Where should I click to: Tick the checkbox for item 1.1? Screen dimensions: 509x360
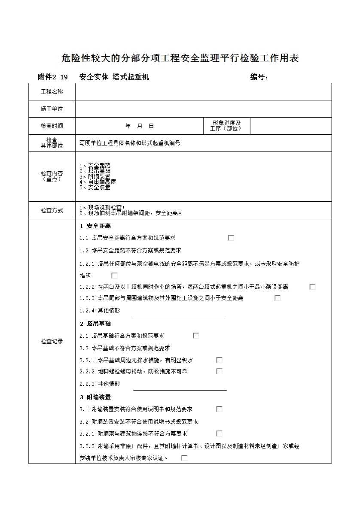point(231,238)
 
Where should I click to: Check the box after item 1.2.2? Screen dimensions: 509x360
point(312,287)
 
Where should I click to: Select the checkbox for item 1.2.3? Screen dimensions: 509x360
point(278,298)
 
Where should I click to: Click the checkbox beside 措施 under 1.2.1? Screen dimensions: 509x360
point(114,276)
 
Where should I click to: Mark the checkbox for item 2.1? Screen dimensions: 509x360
point(196,336)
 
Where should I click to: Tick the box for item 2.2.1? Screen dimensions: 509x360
point(219,360)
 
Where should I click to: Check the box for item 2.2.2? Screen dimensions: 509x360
point(219,371)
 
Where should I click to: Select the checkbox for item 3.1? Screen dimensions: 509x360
point(219,409)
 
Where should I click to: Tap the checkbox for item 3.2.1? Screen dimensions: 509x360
point(219,433)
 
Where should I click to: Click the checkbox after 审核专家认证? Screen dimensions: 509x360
point(184,458)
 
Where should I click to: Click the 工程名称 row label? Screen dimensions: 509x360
point(52,91)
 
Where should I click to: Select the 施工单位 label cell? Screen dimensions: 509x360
point(52,109)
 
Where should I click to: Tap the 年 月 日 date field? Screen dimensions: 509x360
point(139,126)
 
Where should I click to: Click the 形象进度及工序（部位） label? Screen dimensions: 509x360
point(226,126)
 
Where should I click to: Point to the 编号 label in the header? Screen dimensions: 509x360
point(259,77)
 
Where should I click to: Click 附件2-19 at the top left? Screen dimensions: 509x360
point(53,77)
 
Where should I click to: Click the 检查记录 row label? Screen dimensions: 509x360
point(52,342)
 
